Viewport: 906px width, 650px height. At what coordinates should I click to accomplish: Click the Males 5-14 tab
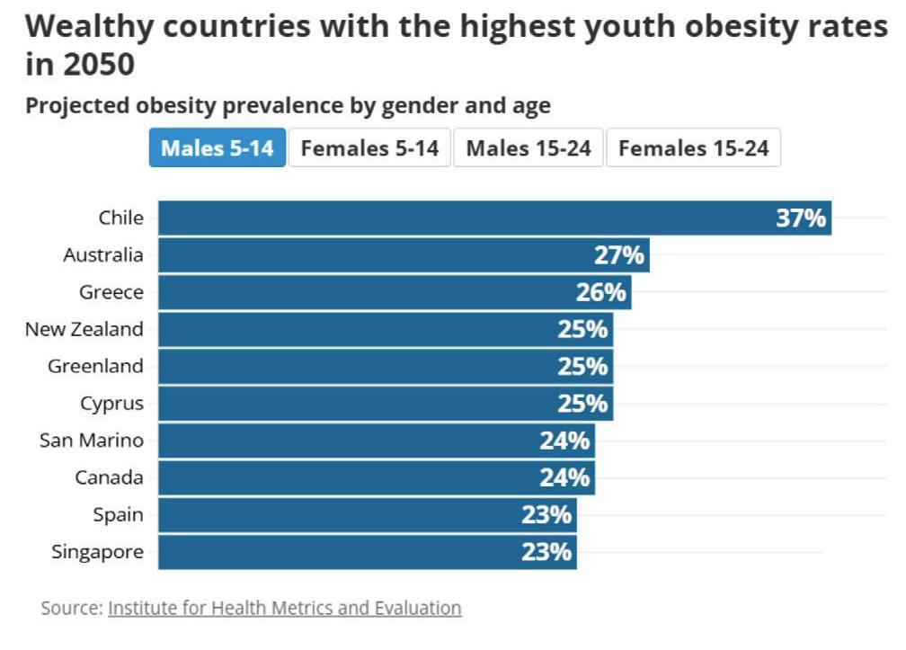[217, 148]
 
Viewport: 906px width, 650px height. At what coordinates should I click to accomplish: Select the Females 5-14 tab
[369, 148]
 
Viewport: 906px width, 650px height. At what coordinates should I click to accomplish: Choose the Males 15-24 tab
[528, 148]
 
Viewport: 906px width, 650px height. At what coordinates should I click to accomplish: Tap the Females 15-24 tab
[693, 148]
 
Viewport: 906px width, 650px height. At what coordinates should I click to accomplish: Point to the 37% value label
[801, 218]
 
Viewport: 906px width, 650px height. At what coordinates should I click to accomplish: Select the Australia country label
[102, 255]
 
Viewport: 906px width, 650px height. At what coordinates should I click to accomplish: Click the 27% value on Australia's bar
[619, 255]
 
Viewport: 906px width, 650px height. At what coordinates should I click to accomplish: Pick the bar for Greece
[377, 292]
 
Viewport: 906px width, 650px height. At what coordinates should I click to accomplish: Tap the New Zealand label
[84, 329]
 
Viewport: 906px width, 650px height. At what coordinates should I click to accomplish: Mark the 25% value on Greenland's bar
[582, 367]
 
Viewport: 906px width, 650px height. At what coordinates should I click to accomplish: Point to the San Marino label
[91, 441]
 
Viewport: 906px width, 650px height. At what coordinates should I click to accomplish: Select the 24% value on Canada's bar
[564, 477]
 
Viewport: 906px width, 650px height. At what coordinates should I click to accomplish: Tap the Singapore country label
[97, 552]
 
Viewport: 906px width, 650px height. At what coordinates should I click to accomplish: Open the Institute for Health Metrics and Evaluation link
[284, 608]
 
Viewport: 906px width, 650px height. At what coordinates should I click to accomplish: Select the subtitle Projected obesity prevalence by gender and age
[288, 106]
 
